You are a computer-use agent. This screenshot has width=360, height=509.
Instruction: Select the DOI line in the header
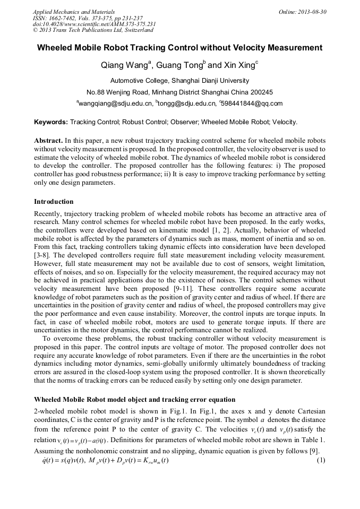click(x=95, y=24)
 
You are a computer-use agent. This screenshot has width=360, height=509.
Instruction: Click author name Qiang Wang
click(x=124, y=66)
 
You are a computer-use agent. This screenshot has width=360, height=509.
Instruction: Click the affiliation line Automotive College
click(x=179, y=81)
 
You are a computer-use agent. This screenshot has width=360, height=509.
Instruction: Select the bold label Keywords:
click(x=51, y=122)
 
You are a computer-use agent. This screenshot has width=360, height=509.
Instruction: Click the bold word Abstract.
click(x=48, y=141)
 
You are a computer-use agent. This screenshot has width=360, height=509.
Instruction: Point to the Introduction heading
click(x=54, y=202)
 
